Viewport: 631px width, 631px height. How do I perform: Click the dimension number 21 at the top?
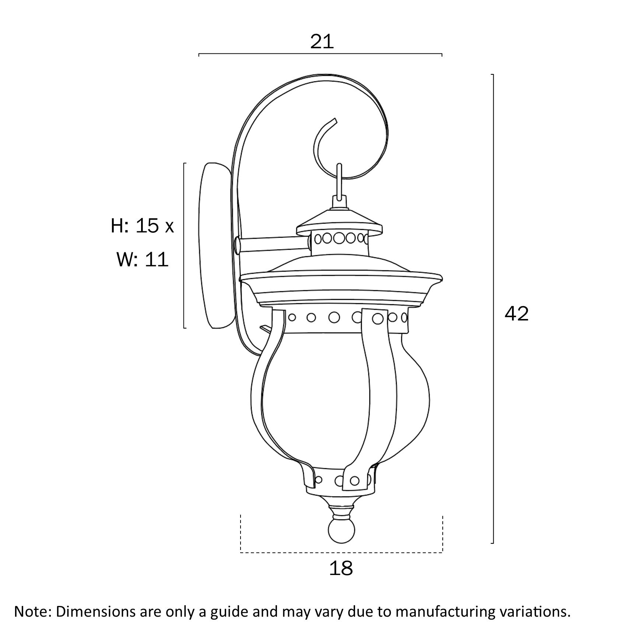pos(322,42)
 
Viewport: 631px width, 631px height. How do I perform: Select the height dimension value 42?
pos(516,313)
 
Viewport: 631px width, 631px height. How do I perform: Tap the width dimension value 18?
pos(341,568)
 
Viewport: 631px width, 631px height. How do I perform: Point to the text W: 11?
pos(143,259)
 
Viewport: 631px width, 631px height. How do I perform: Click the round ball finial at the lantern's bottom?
pos(341,532)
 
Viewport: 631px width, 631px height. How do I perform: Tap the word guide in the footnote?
pos(228,611)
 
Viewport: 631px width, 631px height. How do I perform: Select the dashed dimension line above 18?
pos(341,552)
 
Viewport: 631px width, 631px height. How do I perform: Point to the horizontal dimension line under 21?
pos(320,54)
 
